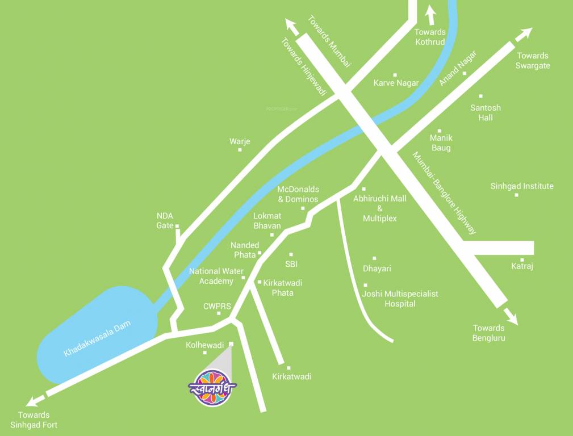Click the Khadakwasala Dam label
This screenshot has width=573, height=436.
[x=97, y=339]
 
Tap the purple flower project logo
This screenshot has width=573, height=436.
[x=212, y=387]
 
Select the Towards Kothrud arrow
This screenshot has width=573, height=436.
[x=430, y=14]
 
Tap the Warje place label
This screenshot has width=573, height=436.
[x=240, y=141]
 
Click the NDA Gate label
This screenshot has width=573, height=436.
[x=165, y=220]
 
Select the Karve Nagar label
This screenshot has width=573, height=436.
[x=396, y=83]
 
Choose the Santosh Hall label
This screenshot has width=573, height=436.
[x=486, y=112]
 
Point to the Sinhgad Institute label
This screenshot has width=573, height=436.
[x=522, y=186]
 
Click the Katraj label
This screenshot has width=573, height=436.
[x=522, y=266]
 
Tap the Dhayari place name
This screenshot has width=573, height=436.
[x=377, y=268]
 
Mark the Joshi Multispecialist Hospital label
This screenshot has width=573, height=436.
[x=400, y=299]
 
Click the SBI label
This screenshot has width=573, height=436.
[x=291, y=264]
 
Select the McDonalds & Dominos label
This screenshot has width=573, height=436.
[x=298, y=194]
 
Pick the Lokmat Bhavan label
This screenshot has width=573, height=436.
[x=267, y=221]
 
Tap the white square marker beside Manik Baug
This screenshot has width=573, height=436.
[x=440, y=130]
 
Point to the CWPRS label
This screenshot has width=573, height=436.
[x=217, y=307]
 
